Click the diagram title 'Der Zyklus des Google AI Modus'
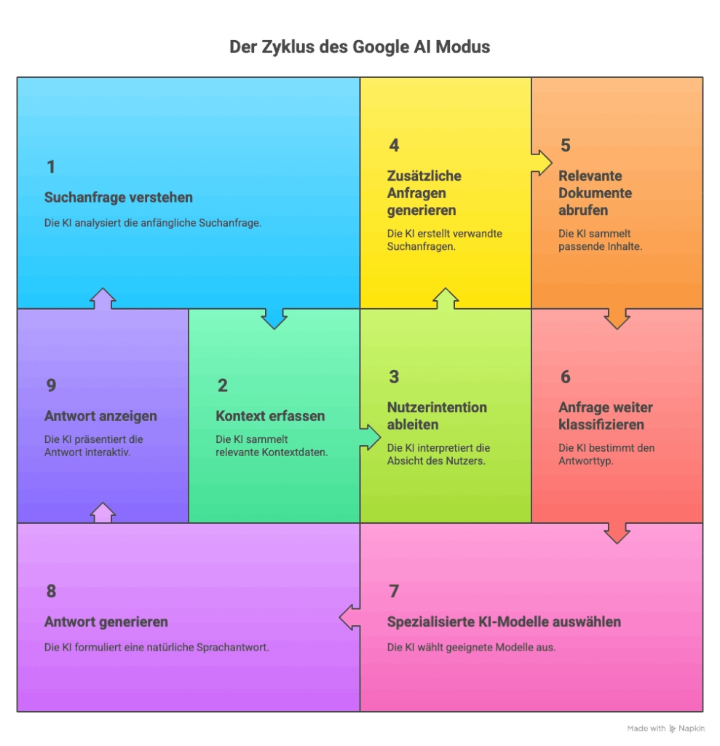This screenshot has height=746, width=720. click(360, 47)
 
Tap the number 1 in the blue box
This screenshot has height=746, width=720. click(51, 168)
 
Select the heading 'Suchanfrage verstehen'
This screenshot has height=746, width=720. click(119, 198)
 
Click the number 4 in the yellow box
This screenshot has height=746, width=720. click(394, 146)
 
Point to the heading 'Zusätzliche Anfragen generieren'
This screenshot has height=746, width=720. click(424, 193)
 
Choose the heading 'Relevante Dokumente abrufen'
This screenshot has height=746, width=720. click(595, 193)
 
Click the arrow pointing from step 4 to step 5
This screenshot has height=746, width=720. click(541, 162)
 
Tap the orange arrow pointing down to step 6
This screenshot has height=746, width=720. click(617, 318)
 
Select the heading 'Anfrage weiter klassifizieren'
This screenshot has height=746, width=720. click(606, 416)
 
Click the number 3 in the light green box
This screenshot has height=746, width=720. click(394, 377)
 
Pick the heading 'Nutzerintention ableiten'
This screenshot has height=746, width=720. click(437, 416)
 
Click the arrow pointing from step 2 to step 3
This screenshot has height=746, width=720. click(370, 436)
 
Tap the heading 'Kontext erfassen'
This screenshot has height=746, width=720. click(270, 417)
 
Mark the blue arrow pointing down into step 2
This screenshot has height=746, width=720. click(274, 318)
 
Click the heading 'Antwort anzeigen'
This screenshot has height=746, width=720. click(100, 417)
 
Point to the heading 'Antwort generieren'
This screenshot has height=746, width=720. click(106, 622)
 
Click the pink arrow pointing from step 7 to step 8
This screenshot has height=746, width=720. click(350, 618)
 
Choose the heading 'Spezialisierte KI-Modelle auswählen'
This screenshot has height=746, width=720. click(504, 622)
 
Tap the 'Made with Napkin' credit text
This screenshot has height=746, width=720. click(666, 729)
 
